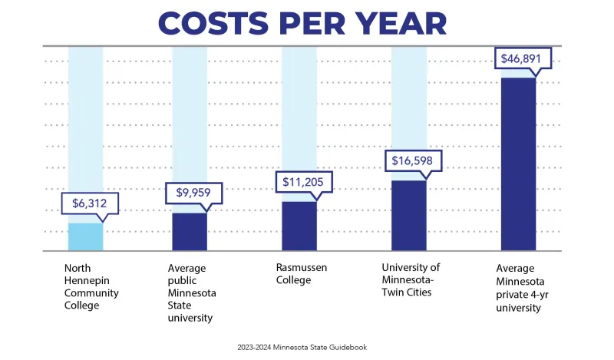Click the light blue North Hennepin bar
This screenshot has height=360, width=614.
click(x=85, y=236)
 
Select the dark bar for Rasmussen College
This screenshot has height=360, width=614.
click(x=299, y=226)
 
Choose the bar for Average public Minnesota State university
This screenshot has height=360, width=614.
click(x=190, y=231)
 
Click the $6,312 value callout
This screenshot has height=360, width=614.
click(x=90, y=203)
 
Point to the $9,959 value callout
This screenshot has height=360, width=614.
click(x=193, y=193)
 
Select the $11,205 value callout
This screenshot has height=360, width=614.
click(x=304, y=182)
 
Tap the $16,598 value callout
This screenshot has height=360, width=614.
click(x=413, y=160)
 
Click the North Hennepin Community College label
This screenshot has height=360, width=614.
click(x=91, y=286)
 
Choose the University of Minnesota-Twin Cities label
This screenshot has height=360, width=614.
click(x=411, y=279)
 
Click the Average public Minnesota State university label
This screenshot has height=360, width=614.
click(x=192, y=293)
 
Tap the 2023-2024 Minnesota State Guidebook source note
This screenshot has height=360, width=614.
click(x=302, y=347)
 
